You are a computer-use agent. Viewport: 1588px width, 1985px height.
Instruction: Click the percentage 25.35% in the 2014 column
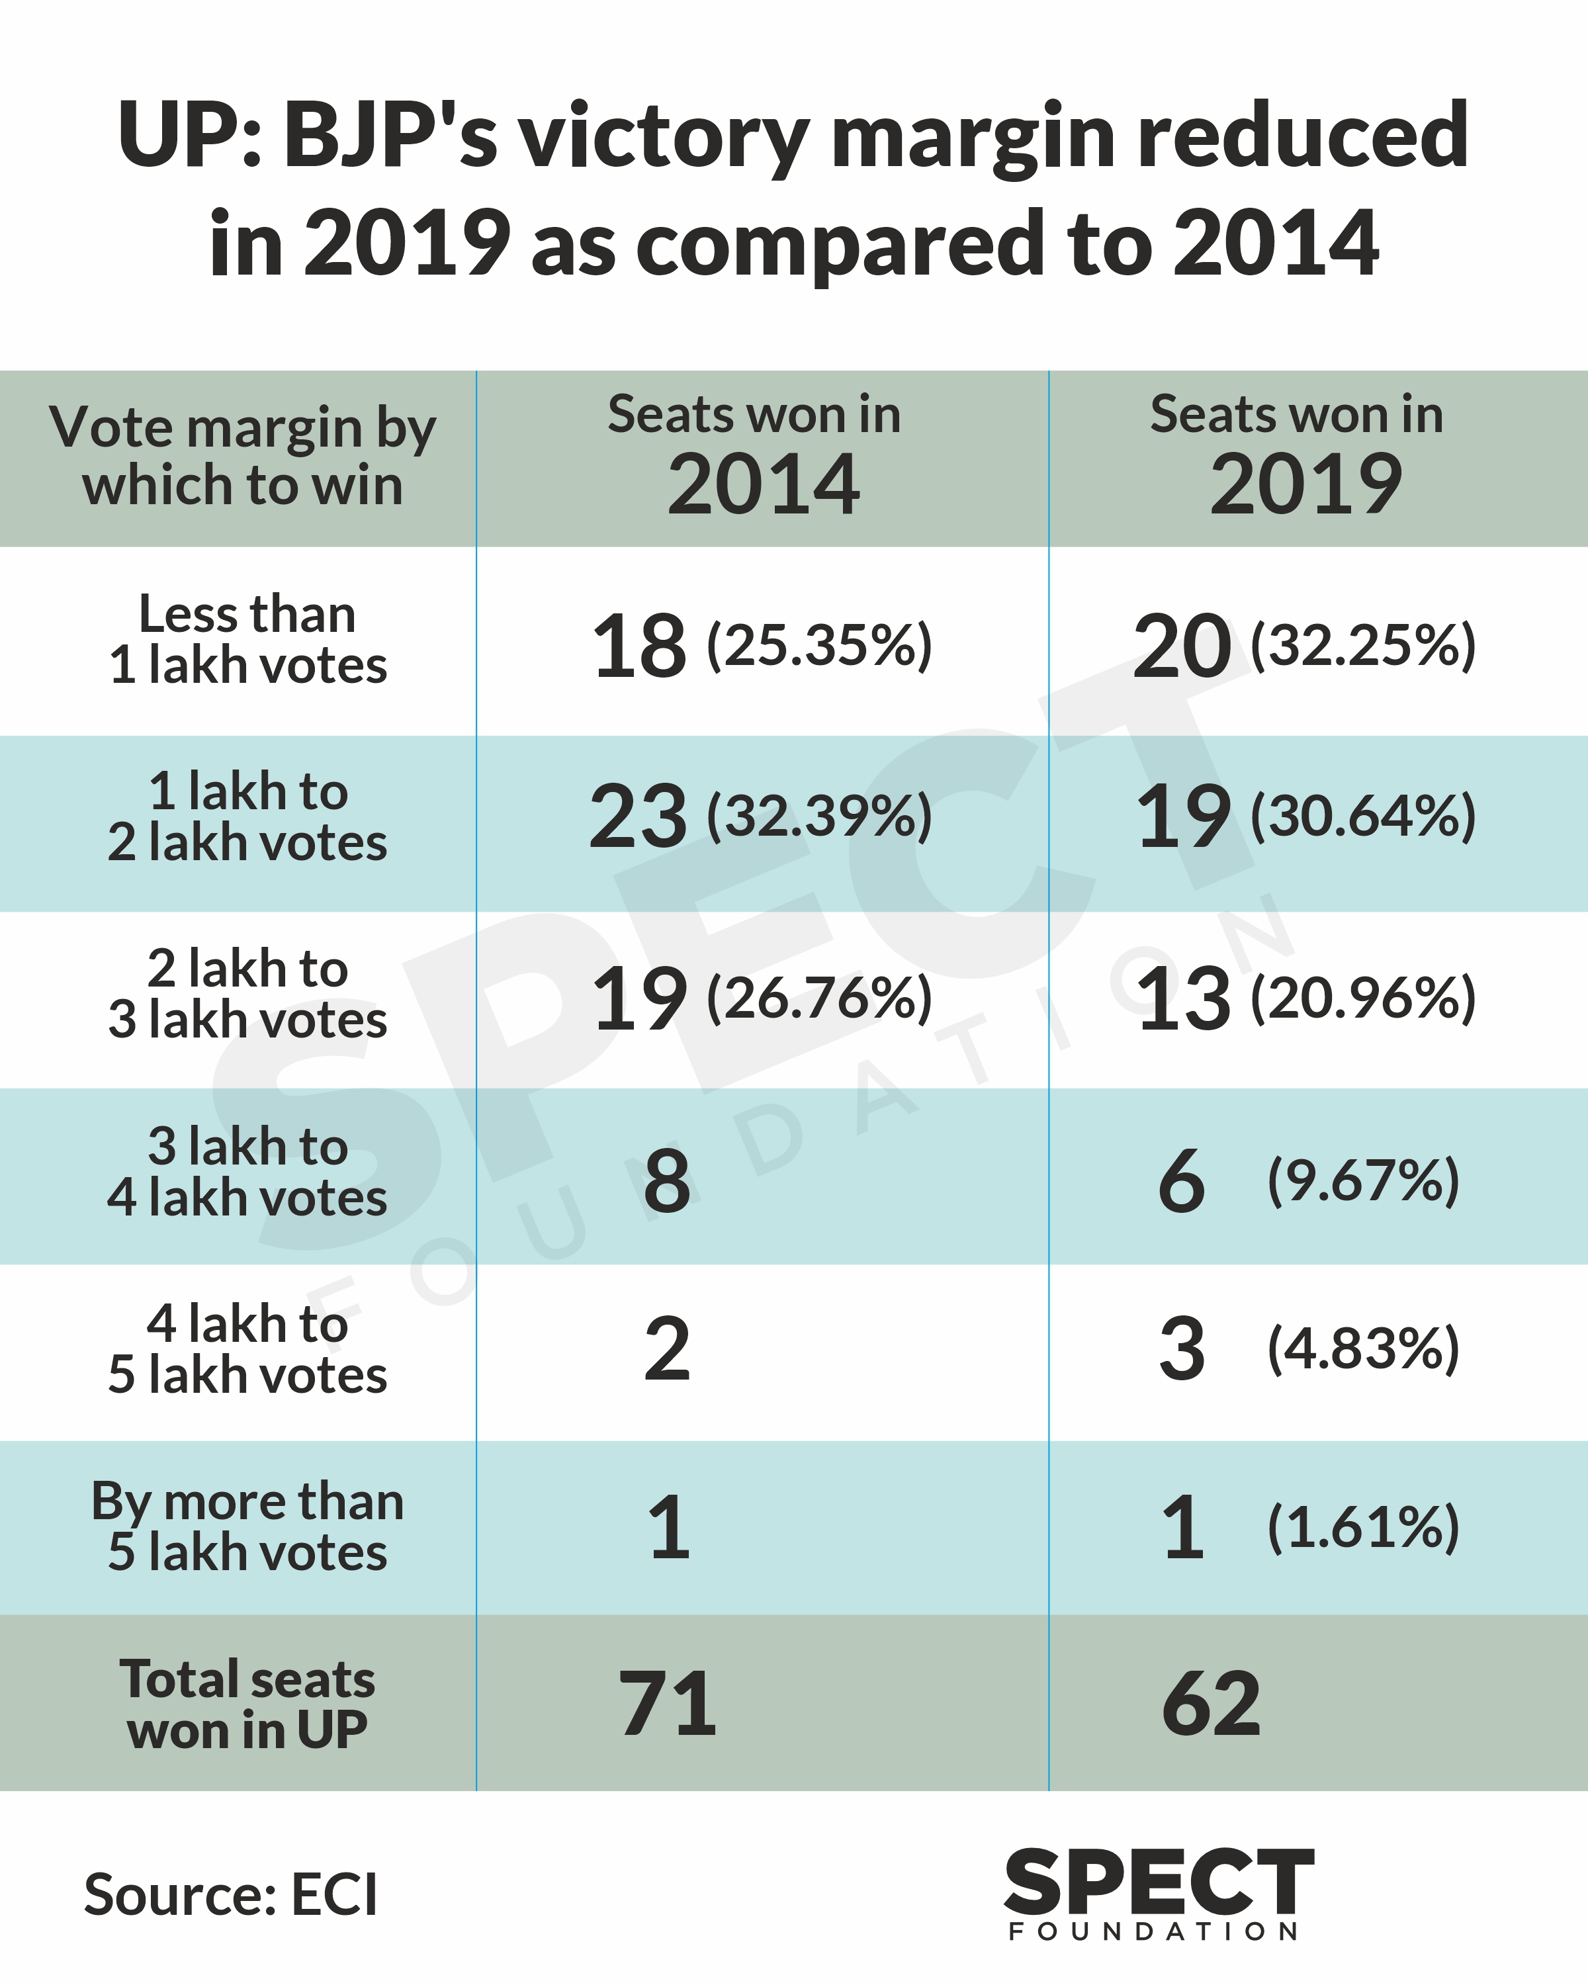(819, 644)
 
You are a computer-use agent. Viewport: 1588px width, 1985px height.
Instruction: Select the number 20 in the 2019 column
(1181, 646)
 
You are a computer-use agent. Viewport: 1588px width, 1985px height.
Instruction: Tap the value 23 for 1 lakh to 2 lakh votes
(638, 816)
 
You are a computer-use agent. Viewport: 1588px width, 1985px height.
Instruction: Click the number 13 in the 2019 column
(1183, 999)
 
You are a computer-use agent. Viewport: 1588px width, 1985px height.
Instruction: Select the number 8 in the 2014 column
(668, 1180)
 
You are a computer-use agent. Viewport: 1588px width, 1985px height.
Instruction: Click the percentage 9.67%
(1364, 1180)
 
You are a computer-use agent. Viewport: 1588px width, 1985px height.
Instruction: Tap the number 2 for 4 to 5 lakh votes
(668, 1350)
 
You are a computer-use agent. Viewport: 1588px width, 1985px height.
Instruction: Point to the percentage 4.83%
(1364, 1350)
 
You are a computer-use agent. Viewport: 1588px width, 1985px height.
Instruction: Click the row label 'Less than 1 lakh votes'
(247, 640)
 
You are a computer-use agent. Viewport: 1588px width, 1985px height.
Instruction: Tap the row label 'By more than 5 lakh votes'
(247, 1526)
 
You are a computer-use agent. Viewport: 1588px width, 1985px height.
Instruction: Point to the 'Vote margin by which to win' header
(243, 457)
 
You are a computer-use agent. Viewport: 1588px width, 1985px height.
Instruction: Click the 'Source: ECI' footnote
(231, 1895)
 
